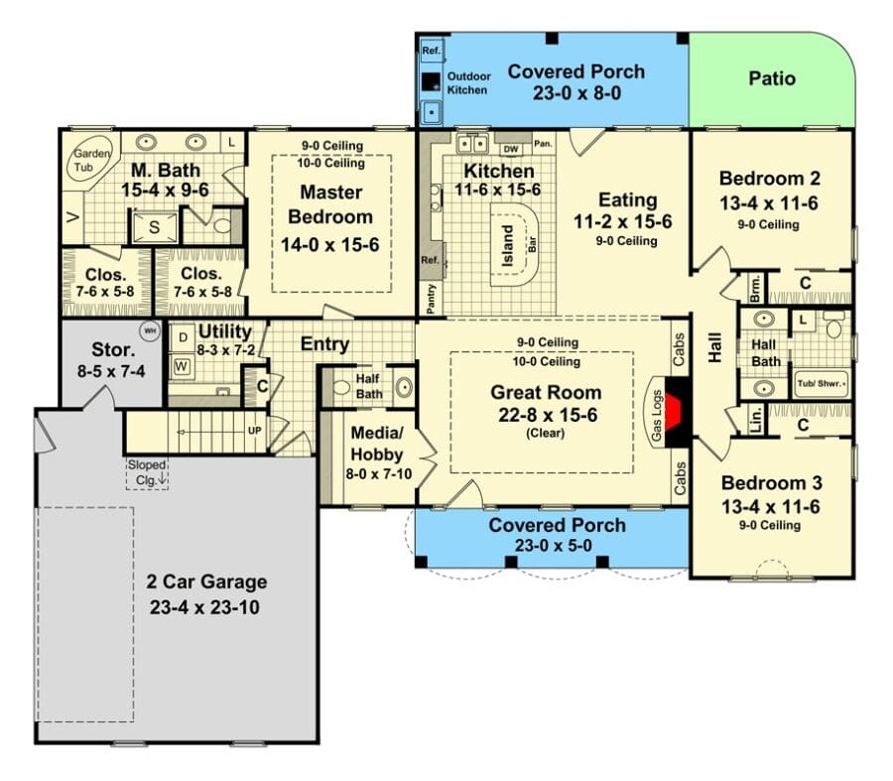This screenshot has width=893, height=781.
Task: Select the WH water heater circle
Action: (150, 331)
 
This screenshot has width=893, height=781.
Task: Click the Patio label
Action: (772, 78)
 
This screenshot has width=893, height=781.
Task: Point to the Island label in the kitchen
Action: (508, 245)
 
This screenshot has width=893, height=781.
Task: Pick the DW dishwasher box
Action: (511, 149)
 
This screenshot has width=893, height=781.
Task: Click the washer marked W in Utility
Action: (182, 366)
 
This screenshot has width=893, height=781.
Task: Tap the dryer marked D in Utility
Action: (183, 337)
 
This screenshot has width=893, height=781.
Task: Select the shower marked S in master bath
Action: (155, 227)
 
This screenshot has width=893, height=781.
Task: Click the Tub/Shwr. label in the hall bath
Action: (821, 383)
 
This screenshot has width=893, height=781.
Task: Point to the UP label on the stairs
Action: (255, 431)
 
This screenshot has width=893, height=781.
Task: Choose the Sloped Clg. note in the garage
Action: (147, 472)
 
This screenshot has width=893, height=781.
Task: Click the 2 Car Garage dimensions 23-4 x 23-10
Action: (204, 607)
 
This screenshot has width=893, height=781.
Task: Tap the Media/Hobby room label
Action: (377, 444)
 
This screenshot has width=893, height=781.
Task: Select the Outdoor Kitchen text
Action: (468, 83)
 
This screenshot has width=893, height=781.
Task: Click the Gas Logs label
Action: (657, 415)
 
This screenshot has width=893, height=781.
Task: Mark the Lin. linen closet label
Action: (755, 419)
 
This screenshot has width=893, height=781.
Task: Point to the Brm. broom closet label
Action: (755, 288)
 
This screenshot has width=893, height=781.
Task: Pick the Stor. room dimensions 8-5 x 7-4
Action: (111, 371)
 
